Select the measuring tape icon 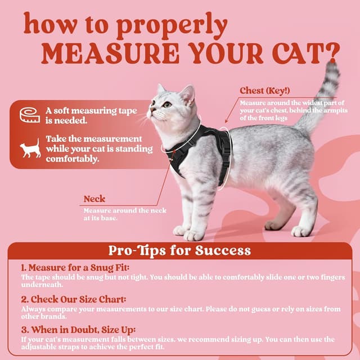tap(30, 115)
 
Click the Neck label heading tap(94, 199)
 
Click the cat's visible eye tap(167, 104)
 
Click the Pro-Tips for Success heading tap(179, 250)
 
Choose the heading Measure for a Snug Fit tap(73, 268)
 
